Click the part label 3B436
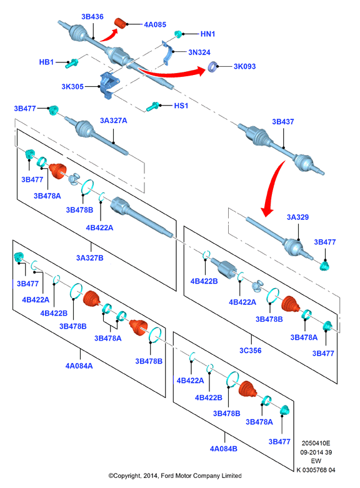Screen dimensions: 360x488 point(92,17)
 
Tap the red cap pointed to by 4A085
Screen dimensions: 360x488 point(120,23)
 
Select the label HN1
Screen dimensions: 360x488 point(207,34)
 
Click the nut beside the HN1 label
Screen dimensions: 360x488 point(178,34)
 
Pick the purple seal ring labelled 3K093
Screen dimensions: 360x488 point(212,67)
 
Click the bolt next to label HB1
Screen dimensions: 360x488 point(72,64)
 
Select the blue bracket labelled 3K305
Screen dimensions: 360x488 point(109,84)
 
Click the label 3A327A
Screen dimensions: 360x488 point(113,121)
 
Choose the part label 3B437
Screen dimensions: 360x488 point(282,122)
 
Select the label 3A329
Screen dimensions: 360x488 point(297,217)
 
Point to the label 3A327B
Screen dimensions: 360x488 point(90,258)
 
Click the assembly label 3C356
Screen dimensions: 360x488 point(251,351)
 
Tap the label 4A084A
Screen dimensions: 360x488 point(79,366)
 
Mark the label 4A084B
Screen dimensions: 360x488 point(224,449)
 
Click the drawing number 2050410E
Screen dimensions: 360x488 point(316,443)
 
